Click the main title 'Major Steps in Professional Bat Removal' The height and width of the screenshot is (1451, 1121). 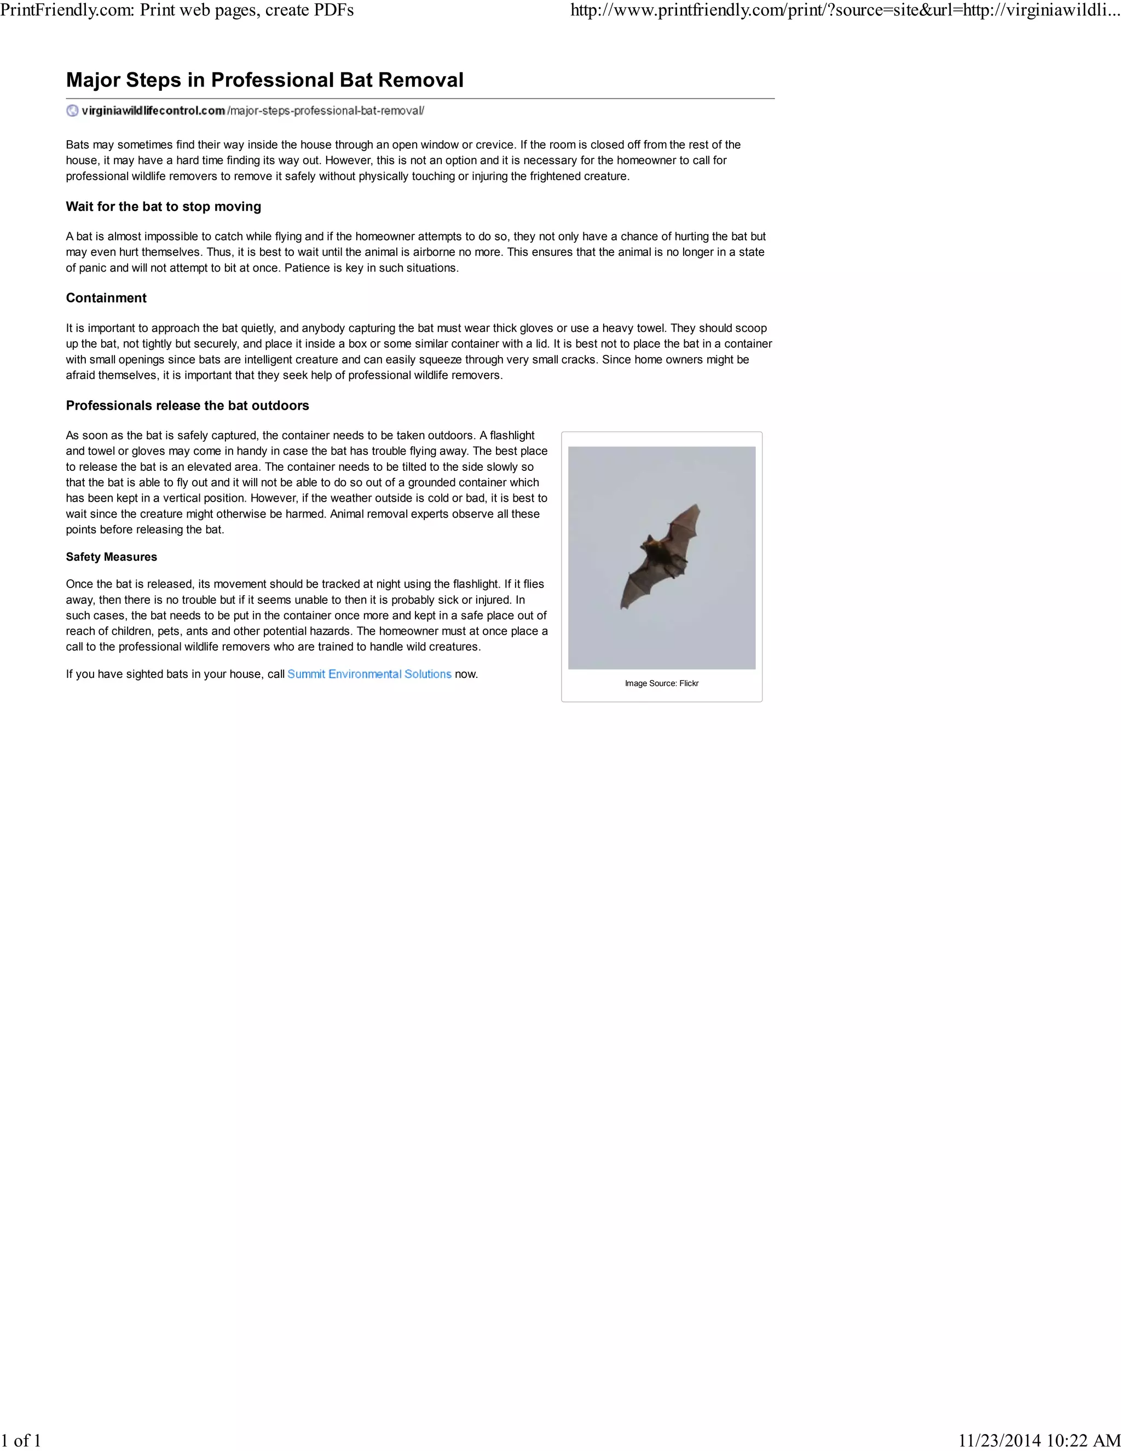click(264, 80)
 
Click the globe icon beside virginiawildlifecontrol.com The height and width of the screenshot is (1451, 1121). click(72, 111)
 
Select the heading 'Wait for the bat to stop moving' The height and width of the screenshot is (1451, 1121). click(163, 206)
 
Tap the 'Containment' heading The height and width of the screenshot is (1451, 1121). click(106, 298)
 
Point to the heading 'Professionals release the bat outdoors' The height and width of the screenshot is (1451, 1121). click(187, 406)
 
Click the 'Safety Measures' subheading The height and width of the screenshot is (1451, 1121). click(112, 557)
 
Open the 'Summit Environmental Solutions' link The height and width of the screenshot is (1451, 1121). click(369, 675)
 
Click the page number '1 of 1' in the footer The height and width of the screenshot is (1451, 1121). click(21, 1440)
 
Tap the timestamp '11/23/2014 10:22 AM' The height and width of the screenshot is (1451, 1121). click(1039, 1440)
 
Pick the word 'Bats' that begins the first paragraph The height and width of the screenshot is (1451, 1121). click(77, 145)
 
